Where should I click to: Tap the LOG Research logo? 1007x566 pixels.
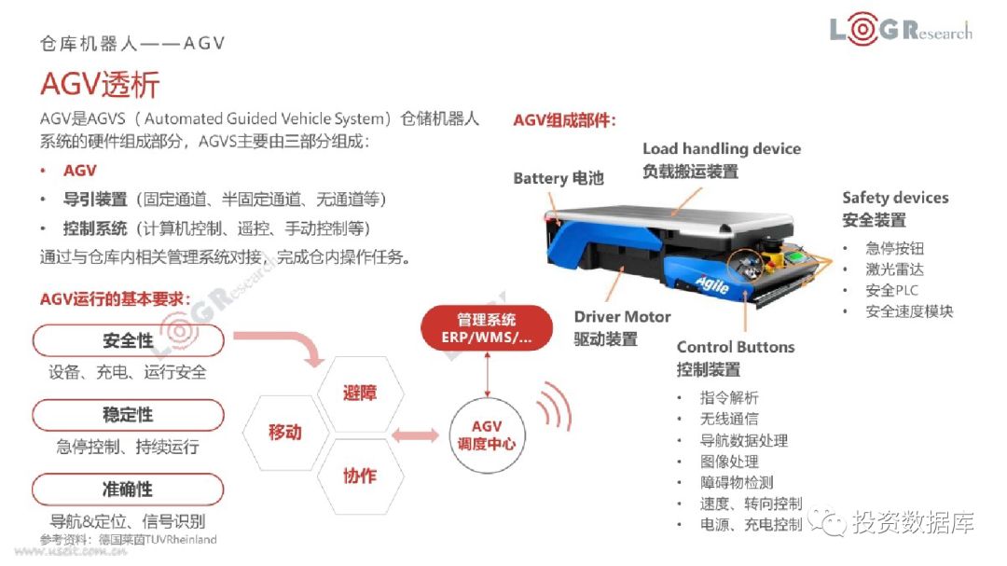tap(901, 31)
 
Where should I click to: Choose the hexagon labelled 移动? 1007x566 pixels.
tap(285, 433)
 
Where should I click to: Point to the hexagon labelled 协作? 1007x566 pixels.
tap(360, 476)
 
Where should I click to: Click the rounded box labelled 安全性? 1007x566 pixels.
tap(128, 340)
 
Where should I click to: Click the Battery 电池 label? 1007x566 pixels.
tap(559, 178)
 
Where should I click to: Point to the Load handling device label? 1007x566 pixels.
tap(722, 149)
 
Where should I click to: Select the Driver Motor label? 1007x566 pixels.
tap(622, 317)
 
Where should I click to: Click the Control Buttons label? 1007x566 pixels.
tap(736, 347)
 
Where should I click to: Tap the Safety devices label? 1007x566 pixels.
tap(895, 198)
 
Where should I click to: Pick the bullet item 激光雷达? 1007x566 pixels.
tap(894, 269)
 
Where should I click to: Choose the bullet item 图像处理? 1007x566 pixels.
tap(729, 462)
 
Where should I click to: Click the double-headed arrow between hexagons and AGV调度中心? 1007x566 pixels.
tap(415, 435)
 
